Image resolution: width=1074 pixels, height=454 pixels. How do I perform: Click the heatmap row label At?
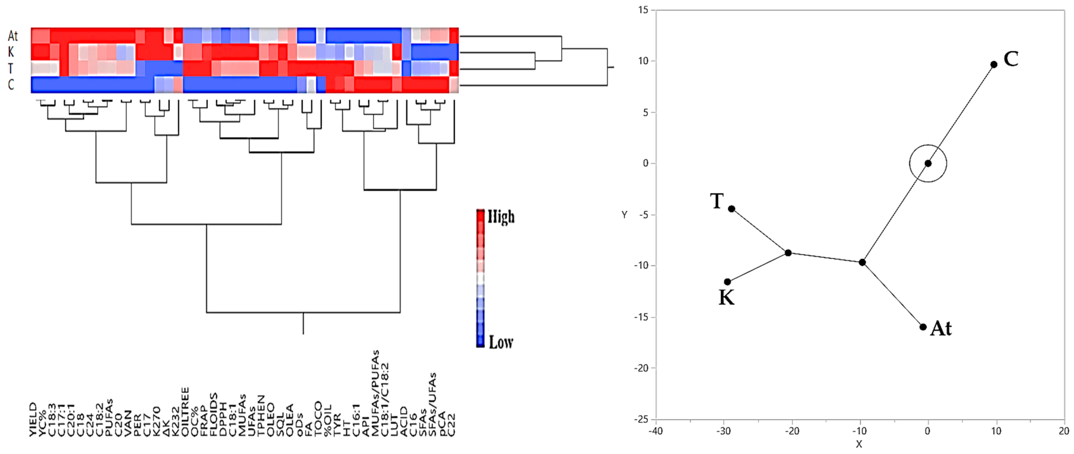point(13,36)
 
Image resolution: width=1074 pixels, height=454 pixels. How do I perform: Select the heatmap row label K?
point(11,52)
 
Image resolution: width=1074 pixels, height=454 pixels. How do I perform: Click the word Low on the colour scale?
point(501,342)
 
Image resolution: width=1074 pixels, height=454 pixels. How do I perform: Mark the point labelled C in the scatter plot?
point(994,65)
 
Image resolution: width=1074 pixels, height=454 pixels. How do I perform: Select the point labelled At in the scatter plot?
point(923,327)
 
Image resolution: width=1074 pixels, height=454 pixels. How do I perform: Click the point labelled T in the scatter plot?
point(732,209)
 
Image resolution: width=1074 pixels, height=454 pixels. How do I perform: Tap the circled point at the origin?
point(928,163)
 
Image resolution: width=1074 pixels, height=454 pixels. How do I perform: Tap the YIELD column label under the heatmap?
point(33,419)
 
